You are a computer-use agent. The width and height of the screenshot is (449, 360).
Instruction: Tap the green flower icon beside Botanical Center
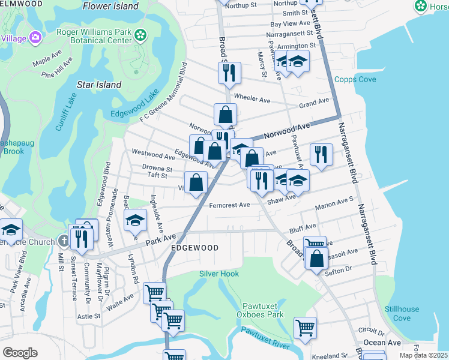[140, 35]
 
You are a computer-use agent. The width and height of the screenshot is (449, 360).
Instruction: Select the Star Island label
[99, 85]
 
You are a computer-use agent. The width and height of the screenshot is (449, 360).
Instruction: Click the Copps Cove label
[355, 80]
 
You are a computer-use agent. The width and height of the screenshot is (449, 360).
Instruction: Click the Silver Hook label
[219, 274]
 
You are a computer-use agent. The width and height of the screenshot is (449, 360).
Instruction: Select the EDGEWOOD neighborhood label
[194, 247]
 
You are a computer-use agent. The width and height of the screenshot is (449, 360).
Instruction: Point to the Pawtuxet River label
[265, 338]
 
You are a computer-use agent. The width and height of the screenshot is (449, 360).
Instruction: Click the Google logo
[20, 353]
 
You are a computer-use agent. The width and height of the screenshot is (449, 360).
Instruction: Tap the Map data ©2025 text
[423, 355]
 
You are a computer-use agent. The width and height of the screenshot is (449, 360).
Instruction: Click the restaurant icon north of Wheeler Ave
[229, 73]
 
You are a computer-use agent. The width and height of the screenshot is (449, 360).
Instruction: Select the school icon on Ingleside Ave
[136, 220]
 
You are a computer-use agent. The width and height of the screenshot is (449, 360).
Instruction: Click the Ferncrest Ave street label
[229, 205]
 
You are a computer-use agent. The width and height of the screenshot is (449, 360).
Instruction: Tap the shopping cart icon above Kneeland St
[305, 328]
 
